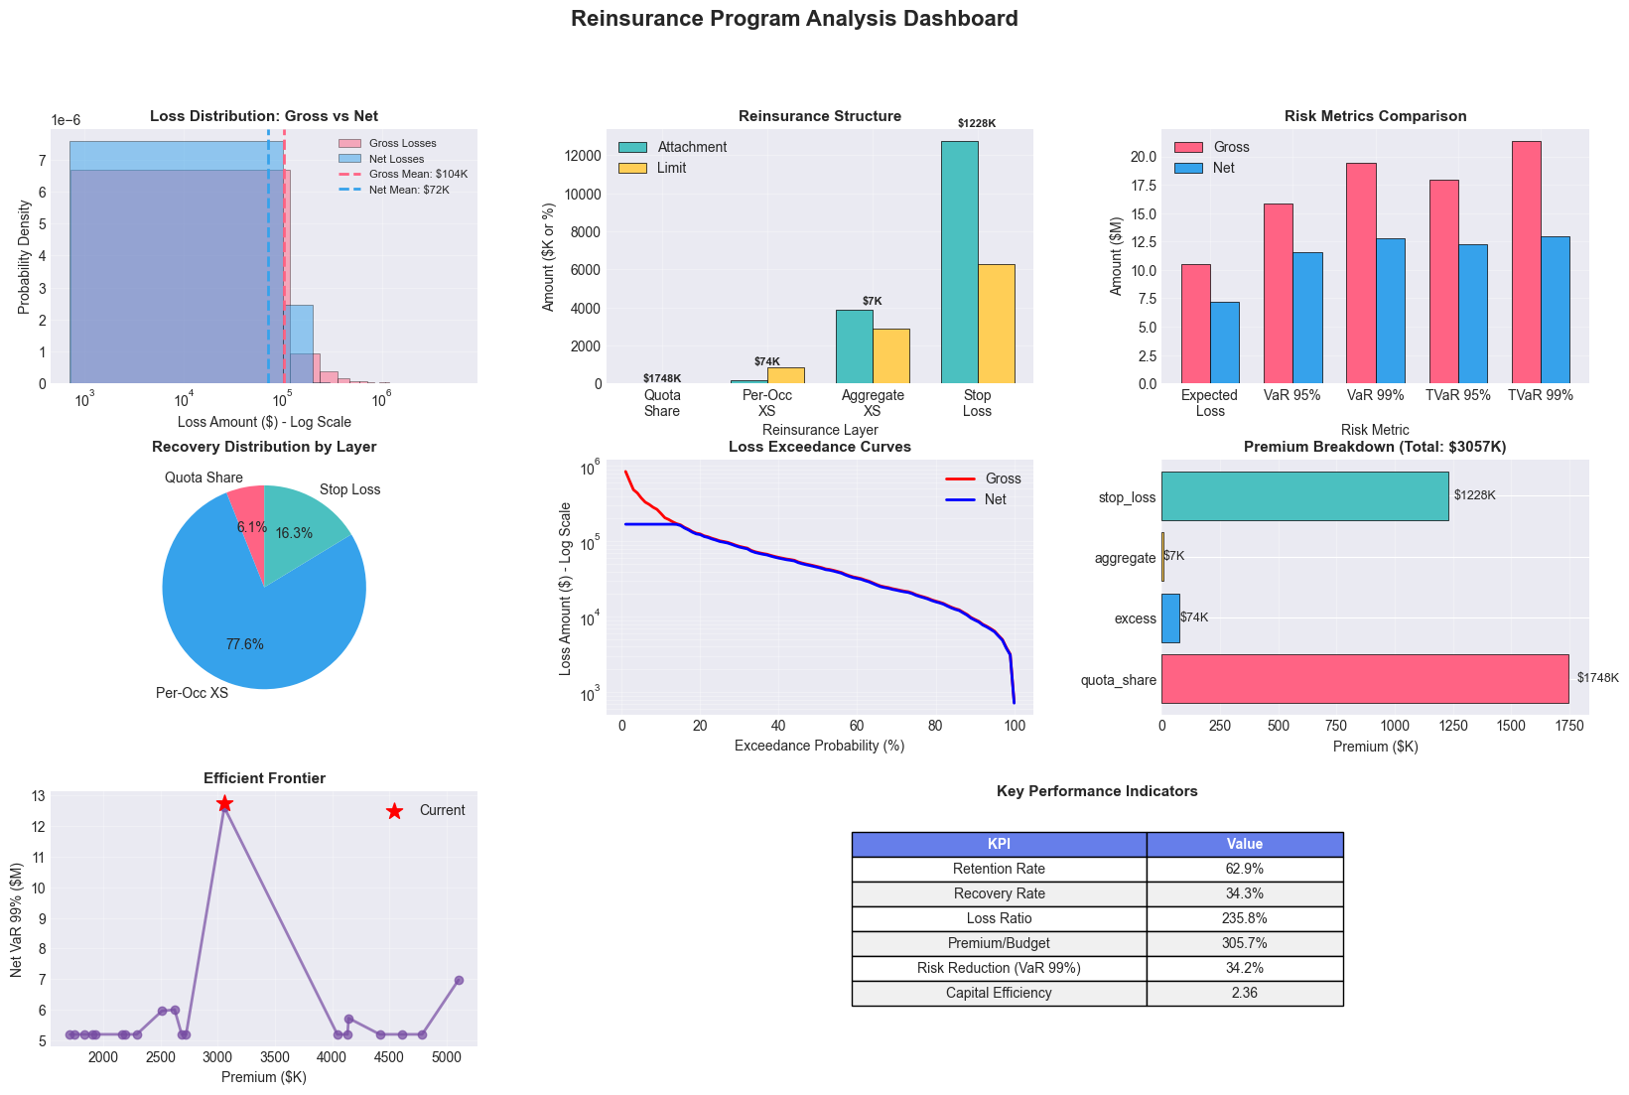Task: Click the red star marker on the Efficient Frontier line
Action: click(x=224, y=803)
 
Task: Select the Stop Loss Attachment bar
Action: click(x=959, y=262)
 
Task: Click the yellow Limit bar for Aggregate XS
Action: click(x=890, y=355)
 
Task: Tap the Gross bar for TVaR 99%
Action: click(x=1525, y=262)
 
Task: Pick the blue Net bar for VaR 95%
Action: click(x=1308, y=318)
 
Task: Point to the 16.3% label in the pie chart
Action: click(x=294, y=533)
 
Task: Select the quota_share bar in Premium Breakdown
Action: click(x=1364, y=679)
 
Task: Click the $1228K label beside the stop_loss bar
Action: click(x=1474, y=495)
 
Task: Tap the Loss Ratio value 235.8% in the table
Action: click(x=1244, y=918)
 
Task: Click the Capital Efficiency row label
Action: click(x=999, y=993)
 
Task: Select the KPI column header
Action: click(x=999, y=844)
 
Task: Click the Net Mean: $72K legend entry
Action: click(x=409, y=190)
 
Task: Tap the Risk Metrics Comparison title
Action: click(x=1375, y=116)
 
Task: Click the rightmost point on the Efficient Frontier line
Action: click(x=459, y=980)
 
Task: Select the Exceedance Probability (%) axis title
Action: click(x=819, y=746)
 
